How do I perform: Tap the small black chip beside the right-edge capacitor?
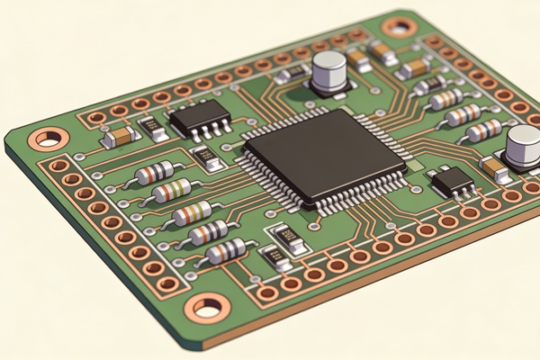pos(453,183)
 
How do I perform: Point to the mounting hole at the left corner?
pos(49,139)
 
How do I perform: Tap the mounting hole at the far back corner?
pos(397,26)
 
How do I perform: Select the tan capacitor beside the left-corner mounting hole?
pos(120,136)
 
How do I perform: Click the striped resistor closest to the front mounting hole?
pos(225,252)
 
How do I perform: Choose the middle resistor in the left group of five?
pos(192,212)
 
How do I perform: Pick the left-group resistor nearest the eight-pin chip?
pos(154,171)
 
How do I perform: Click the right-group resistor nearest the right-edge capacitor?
pos(484,130)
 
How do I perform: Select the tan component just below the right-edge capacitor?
pos(496,168)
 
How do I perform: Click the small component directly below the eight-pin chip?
pos(210,158)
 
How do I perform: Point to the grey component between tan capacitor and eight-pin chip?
pos(153,129)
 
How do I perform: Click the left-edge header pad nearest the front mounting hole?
pos(168,284)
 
